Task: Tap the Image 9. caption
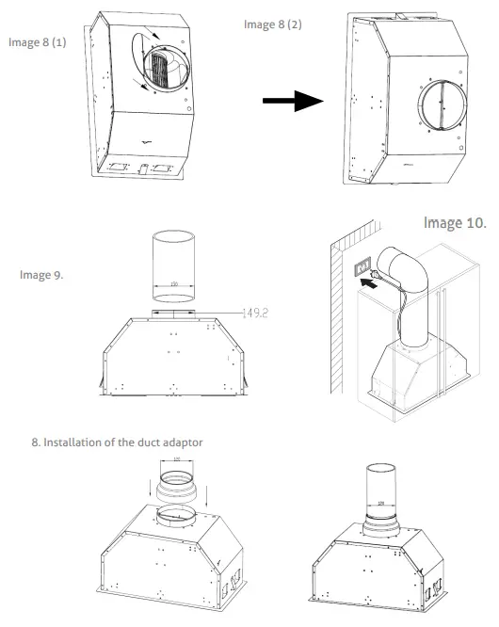point(42,275)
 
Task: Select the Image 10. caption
point(454,223)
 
